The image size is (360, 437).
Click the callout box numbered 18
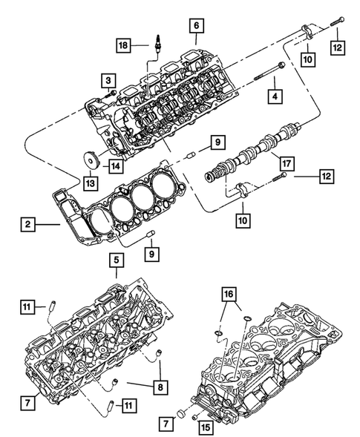tap(123, 46)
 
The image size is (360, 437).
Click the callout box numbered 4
tap(275, 95)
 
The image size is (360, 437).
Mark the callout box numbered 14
tap(114, 167)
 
